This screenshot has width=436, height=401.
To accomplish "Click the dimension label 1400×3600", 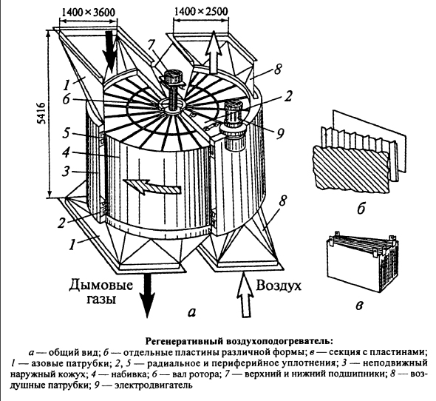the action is point(88,12).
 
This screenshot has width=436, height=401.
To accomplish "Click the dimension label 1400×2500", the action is point(201,11).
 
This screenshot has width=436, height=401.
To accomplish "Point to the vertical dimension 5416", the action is point(42,113).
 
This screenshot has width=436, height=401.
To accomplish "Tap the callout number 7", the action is point(151,45).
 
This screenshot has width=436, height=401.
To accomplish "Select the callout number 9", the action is point(279,133).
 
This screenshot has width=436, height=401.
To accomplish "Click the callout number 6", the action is point(67,98).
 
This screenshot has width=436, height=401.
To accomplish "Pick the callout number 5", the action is point(66,133).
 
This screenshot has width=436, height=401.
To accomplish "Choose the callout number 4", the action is point(66,152).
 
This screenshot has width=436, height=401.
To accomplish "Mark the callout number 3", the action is point(65,171).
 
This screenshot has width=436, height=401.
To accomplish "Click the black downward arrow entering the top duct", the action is point(110,54).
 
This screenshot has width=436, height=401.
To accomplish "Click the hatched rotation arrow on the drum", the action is point(151,186).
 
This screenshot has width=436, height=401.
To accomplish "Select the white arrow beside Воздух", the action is point(245,295).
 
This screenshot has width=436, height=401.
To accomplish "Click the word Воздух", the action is point(279,286).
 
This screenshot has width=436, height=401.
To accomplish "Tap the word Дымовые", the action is point(101,286).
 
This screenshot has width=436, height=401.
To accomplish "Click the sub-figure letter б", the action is point(361,209).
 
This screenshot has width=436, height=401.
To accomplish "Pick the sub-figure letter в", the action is point(360,306).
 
